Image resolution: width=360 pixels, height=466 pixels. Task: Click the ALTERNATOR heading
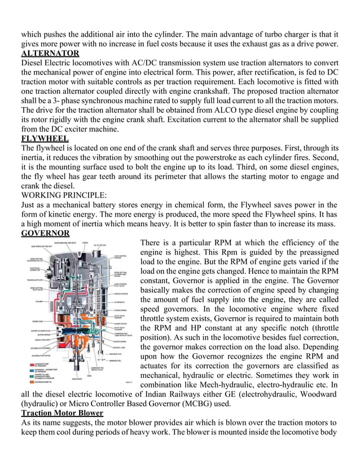(x=50, y=54)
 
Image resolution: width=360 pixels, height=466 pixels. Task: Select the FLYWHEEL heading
(x=45, y=138)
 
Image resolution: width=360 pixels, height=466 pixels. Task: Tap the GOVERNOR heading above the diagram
(x=45, y=233)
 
